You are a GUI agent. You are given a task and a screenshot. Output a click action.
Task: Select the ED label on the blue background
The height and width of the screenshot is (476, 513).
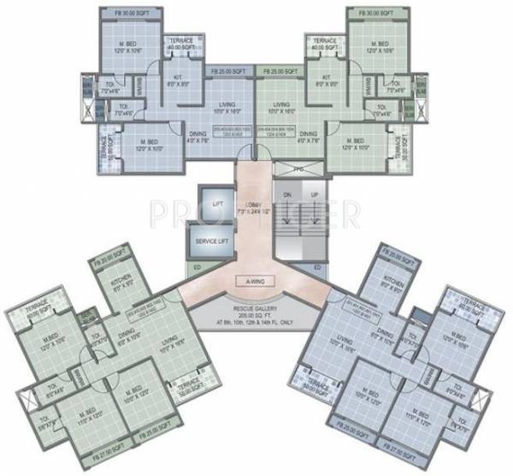[317, 269]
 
